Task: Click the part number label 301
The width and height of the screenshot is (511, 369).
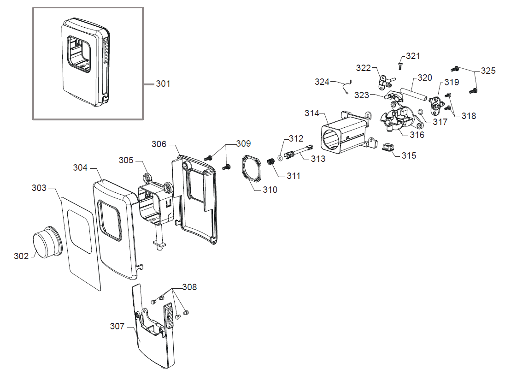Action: pos(163,84)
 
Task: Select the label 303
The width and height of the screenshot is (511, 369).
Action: pos(39,188)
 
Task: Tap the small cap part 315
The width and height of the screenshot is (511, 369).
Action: pos(388,148)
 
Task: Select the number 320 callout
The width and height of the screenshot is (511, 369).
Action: pos(425,77)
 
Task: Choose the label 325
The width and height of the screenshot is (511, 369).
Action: pos(488,71)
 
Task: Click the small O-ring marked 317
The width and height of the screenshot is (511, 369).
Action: pos(421,112)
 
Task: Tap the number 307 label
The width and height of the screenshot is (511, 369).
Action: pos(117,327)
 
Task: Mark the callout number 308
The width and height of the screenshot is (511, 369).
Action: pos(189,287)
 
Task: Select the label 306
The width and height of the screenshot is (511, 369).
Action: pos(159,144)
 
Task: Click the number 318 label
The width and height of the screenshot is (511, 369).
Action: pos(469,116)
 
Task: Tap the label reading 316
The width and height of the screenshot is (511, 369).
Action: pos(417,135)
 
